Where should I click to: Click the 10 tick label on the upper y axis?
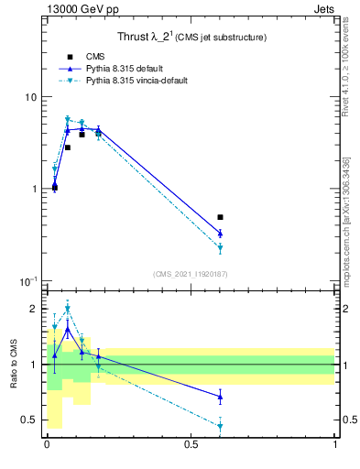coord(30,97)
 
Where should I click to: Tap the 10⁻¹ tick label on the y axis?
coord(27,280)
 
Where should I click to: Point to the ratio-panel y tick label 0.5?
coord(29,420)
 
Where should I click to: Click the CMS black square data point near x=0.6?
coord(221,217)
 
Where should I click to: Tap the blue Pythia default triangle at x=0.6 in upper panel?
coord(221,233)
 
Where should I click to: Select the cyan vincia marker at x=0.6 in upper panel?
coord(221,248)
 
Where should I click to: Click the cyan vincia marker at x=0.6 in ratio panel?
coord(221,426)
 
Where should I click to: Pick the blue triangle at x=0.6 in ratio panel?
coord(221,396)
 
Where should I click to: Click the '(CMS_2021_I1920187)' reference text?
coord(191,274)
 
